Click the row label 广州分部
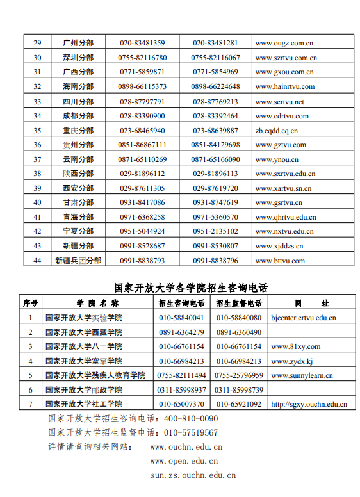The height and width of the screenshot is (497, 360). pyautogui.click(x=78, y=43)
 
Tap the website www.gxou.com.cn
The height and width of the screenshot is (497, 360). pyautogui.click(x=284, y=72)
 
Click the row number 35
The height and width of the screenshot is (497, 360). pyautogui.click(x=37, y=131)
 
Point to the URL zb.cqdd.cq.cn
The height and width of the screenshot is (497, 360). pyautogui.click(x=276, y=131)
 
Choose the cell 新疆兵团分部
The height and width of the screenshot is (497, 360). pyautogui.click(x=78, y=261)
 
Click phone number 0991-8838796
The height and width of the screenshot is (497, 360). pyautogui.click(x=215, y=261)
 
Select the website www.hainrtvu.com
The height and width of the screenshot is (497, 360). pyautogui.click(x=284, y=86)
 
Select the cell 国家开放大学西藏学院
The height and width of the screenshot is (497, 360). pyautogui.click(x=83, y=332)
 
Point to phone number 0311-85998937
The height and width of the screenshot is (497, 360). pyautogui.click(x=182, y=389)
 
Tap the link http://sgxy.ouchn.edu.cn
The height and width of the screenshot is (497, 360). pyautogui.click(x=309, y=404)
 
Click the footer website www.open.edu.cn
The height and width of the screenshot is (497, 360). pyautogui.click(x=184, y=460)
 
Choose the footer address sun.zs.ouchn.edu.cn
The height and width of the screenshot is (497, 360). pyautogui.click(x=193, y=475)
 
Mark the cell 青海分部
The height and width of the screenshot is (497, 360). pyautogui.click(x=78, y=217)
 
